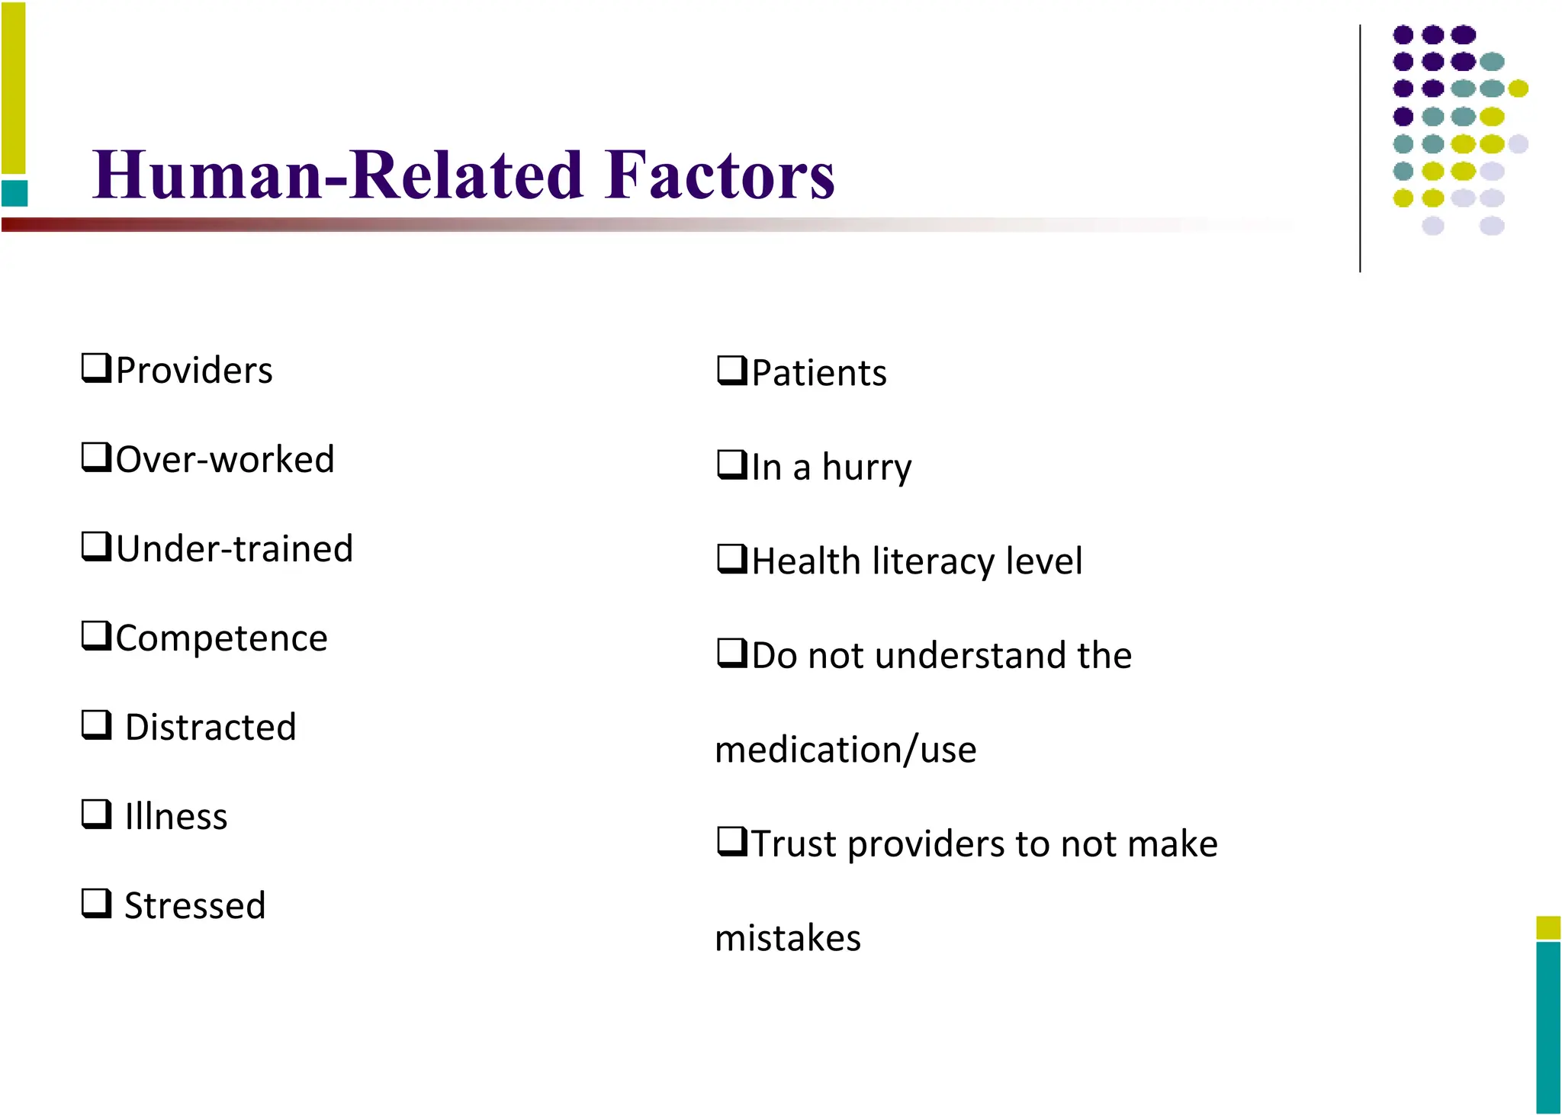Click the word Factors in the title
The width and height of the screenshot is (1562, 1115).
coord(719,175)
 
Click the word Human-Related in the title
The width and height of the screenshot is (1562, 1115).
coord(338,175)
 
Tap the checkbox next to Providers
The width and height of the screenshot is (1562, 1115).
coord(96,368)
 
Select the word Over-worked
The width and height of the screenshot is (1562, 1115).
coord(225,460)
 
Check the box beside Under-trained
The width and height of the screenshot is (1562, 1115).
coord(96,546)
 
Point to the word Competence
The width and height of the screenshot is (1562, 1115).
coord(222,638)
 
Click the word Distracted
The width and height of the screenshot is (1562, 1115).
coord(211,727)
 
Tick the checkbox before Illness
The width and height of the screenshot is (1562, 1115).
coord(96,814)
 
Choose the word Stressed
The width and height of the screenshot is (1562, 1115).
coord(195,906)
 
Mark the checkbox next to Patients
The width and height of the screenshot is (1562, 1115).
coord(731,371)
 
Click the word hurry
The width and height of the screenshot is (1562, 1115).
coord(866,468)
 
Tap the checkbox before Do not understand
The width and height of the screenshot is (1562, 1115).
coord(731,653)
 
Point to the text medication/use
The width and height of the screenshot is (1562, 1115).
coord(846,750)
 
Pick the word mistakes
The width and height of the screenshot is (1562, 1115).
coord(788,938)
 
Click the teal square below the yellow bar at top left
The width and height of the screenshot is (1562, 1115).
coord(14,193)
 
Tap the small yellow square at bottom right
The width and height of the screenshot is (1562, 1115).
coord(1548,927)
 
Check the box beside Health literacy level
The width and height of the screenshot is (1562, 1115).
coord(731,558)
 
